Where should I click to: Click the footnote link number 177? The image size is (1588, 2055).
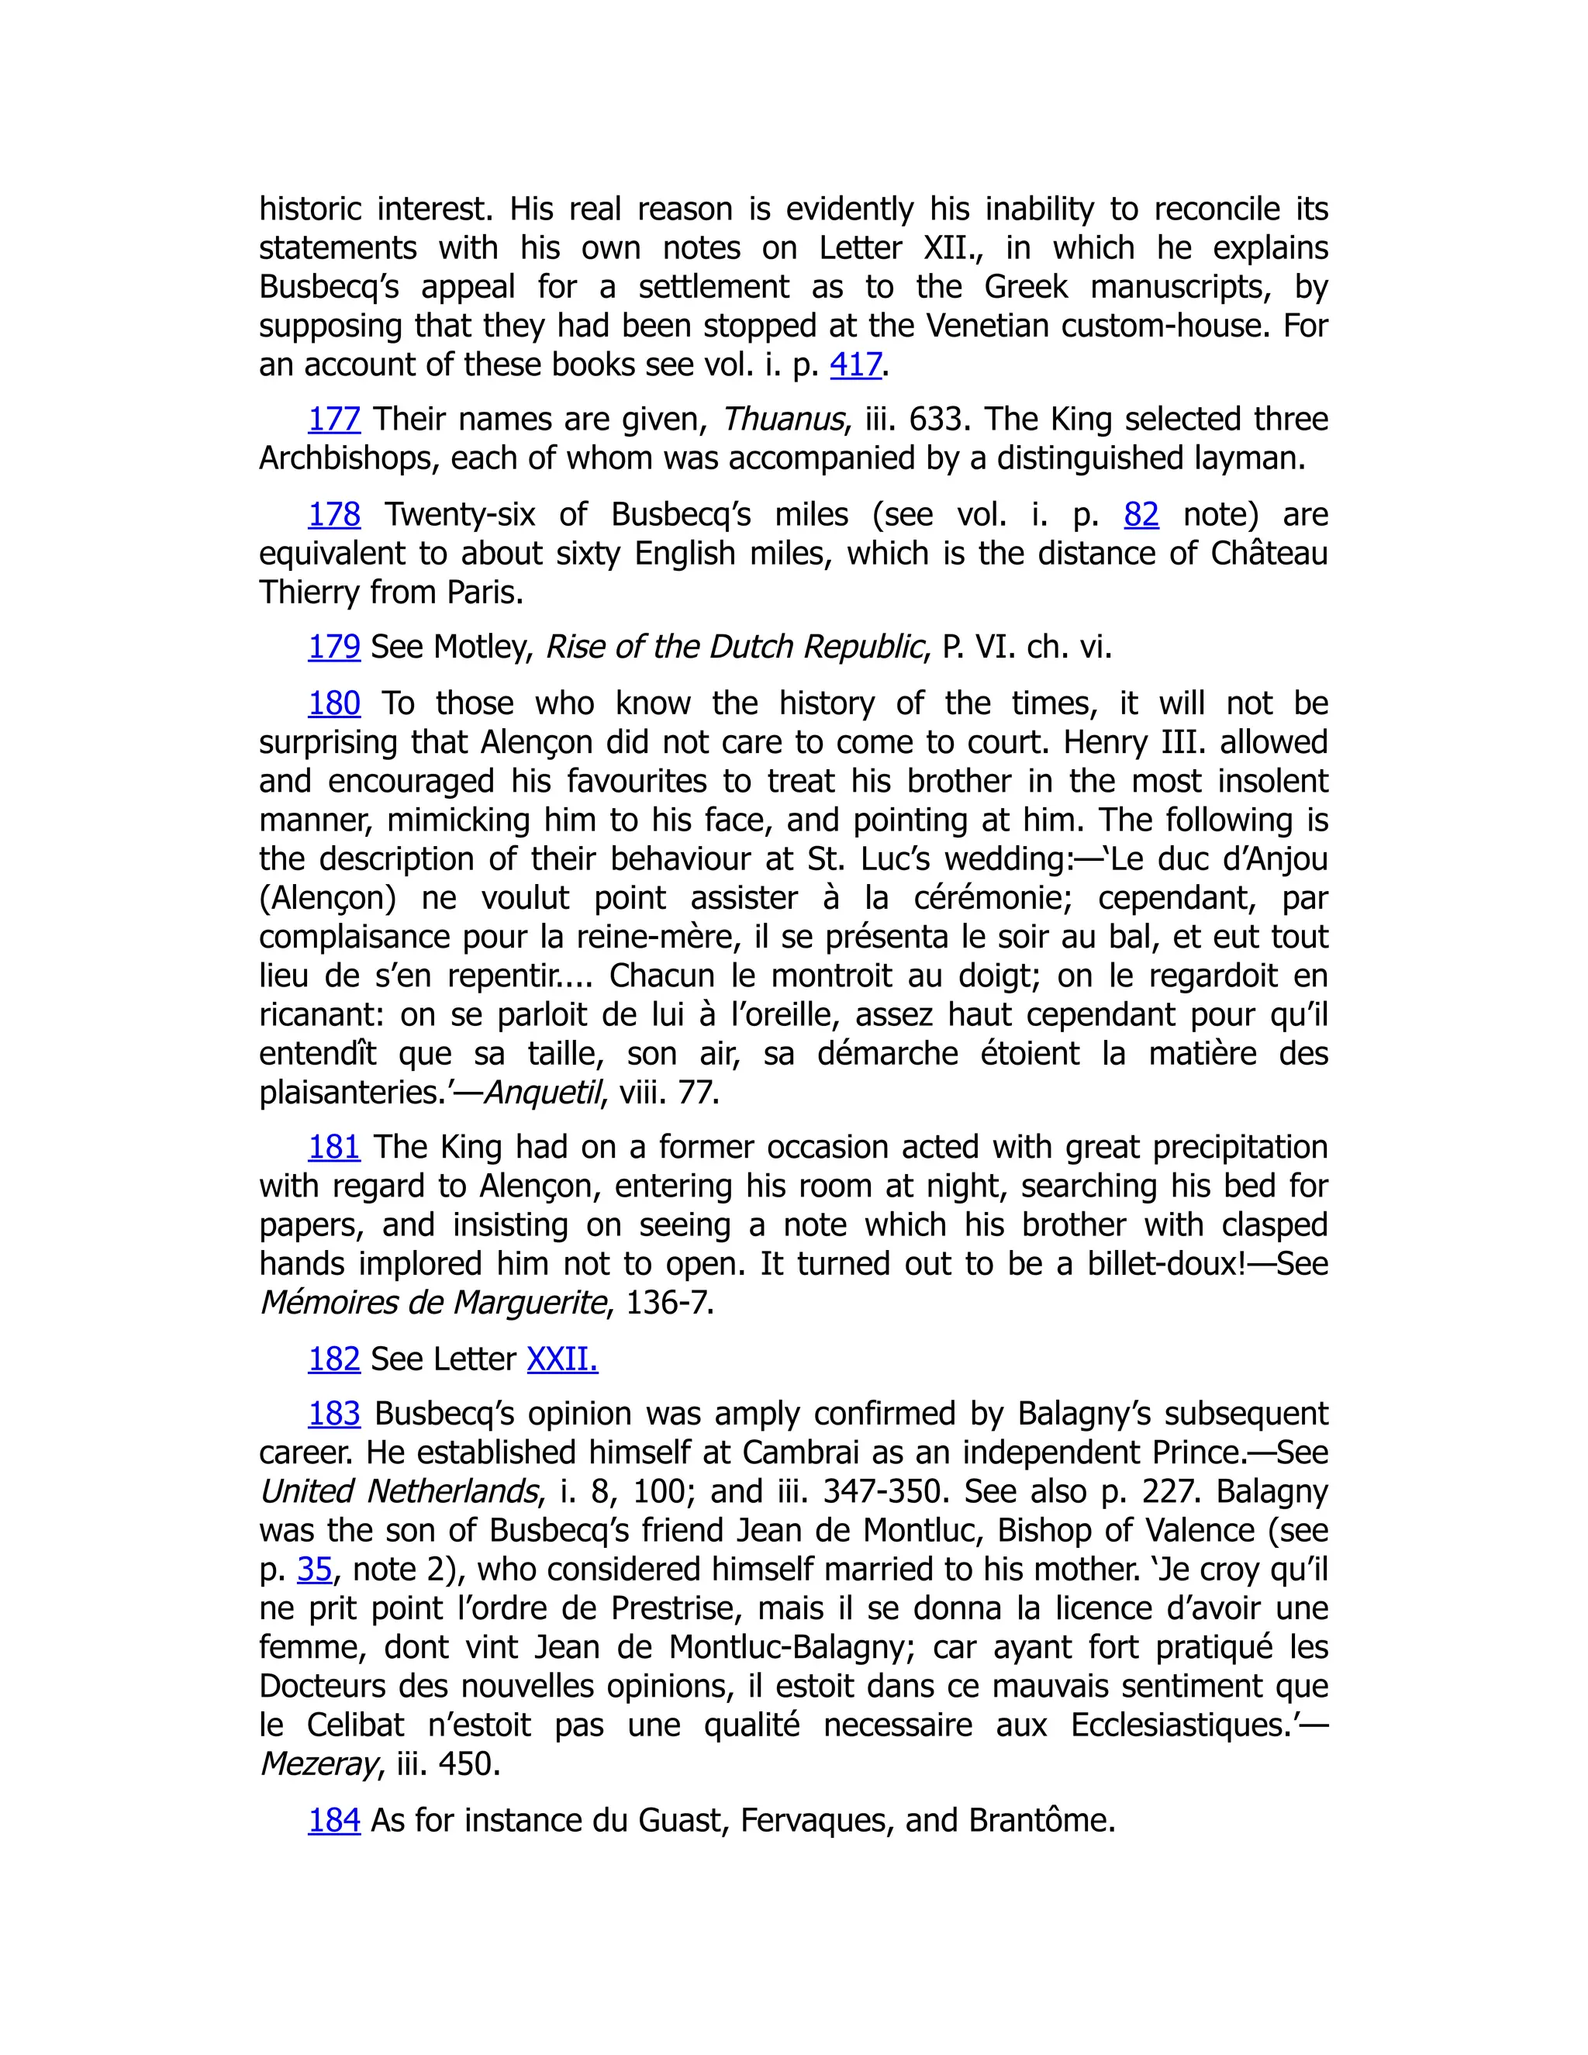(334, 420)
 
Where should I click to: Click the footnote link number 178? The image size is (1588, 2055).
(334, 515)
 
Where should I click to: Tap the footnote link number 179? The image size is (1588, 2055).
(334, 648)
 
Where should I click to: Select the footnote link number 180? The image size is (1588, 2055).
(334, 704)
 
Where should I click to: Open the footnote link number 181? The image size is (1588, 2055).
(334, 1147)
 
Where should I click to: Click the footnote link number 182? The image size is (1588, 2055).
(334, 1359)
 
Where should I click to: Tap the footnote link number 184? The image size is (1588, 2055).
(334, 1820)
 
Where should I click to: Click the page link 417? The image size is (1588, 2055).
(855, 365)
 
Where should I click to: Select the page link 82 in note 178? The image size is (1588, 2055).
(1141, 515)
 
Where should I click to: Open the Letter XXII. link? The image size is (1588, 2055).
(561, 1359)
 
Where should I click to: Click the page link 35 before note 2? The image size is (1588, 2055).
(315, 1570)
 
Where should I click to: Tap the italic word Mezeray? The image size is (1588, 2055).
(319, 1763)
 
